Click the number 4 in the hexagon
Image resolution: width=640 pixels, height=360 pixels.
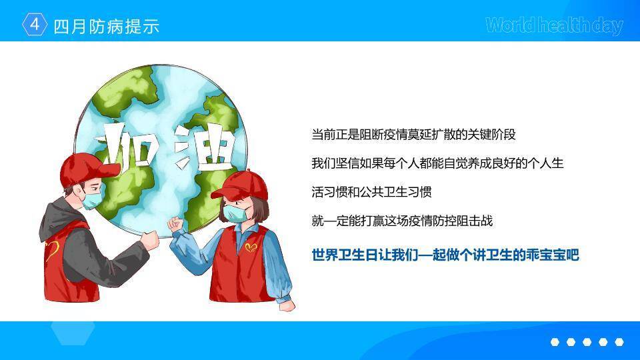[x=35, y=25]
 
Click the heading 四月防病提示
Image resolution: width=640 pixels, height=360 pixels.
[x=106, y=26]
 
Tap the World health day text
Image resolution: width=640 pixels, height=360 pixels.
[x=554, y=25]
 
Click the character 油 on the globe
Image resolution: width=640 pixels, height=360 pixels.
[x=203, y=147]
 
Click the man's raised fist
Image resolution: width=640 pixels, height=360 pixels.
[x=150, y=240]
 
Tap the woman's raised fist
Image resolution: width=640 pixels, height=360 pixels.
[x=175, y=224]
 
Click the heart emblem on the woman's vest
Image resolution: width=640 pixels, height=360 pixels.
[x=251, y=248]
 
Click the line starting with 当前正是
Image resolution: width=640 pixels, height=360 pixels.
[x=413, y=135]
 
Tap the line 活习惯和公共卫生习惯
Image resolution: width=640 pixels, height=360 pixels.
[x=371, y=192]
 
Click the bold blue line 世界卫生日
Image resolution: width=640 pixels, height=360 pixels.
[x=445, y=255]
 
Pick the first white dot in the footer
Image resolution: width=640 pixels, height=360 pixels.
[x=555, y=342]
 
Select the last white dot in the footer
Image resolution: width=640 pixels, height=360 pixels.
[x=619, y=342]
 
